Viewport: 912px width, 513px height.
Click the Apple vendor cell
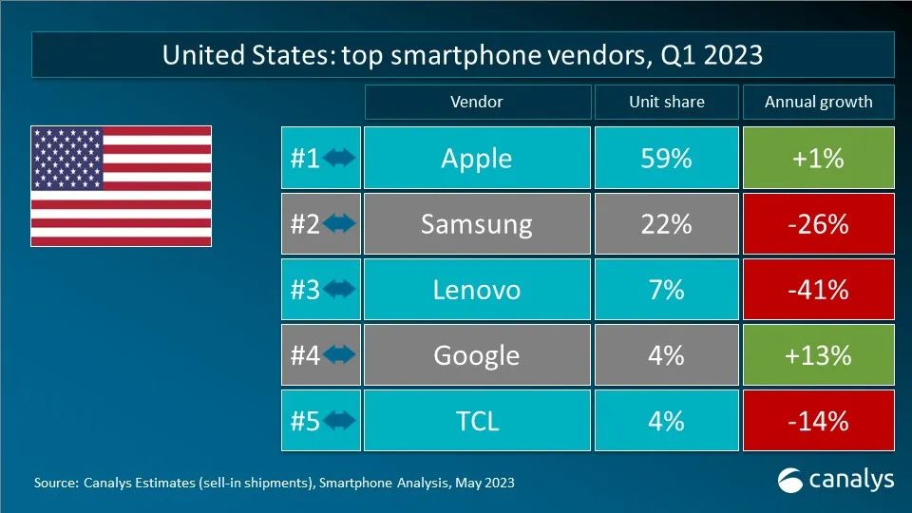[476, 159]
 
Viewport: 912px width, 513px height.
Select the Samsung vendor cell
[476, 224]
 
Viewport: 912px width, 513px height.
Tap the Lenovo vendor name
[476, 290]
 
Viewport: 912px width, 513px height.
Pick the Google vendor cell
[476, 355]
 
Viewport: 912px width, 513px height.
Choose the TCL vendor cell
[476, 420]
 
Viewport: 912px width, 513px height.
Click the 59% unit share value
[666, 159]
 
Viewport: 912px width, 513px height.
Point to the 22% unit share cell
[666, 224]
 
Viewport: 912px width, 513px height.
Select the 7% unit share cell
[666, 290]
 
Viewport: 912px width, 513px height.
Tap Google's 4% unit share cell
[666, 355]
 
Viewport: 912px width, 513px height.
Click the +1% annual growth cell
[818, 159]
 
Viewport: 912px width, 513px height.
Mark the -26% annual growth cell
[818, 224]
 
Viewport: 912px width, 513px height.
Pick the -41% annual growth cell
[818, 290]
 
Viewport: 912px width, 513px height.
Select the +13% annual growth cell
[818, 355]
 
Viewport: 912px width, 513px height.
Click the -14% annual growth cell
[818, 420]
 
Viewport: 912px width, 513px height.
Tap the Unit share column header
[666, 102]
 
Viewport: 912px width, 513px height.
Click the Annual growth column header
[818, 102]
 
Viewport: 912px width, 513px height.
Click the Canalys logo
[836, 480]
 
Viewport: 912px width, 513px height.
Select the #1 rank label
[305, 159]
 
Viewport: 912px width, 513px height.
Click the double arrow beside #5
[339, 420]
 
